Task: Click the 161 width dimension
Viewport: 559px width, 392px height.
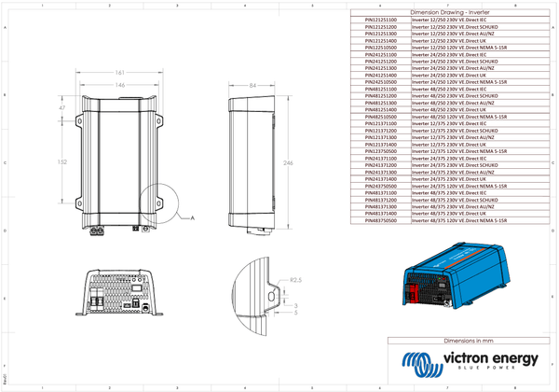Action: click(120, 71)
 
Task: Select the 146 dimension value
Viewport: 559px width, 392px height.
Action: click(120, 84)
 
